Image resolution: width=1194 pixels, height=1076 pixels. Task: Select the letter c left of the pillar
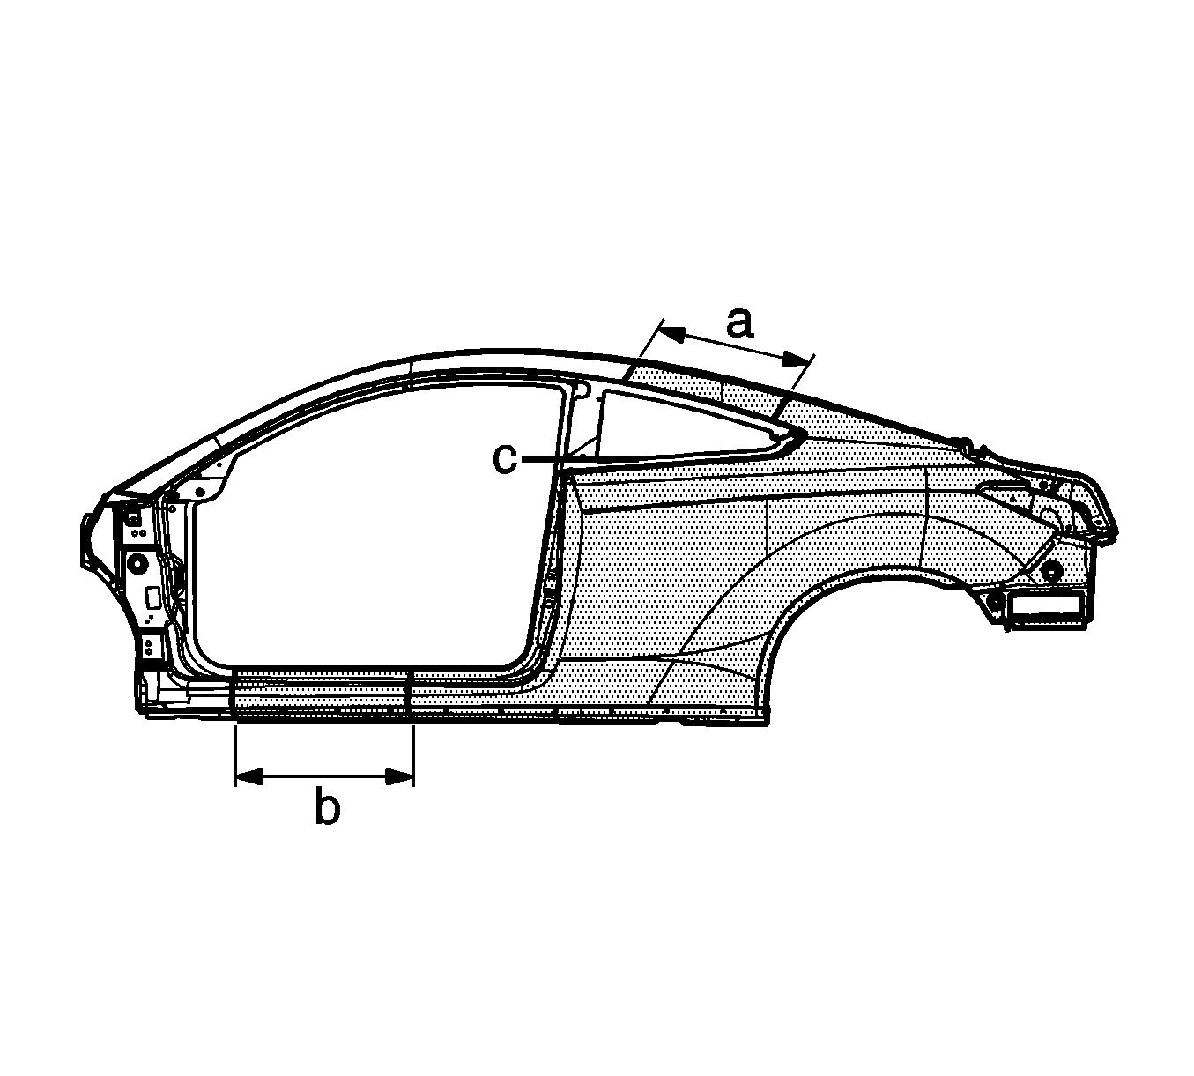pyautogui.click(x=505, y=459)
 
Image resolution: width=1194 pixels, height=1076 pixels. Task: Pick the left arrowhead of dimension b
pyautogui.click(x=248, y=776)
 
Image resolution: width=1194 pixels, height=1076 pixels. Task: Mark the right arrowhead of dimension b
pyautogui.click(x=400, y=776)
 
